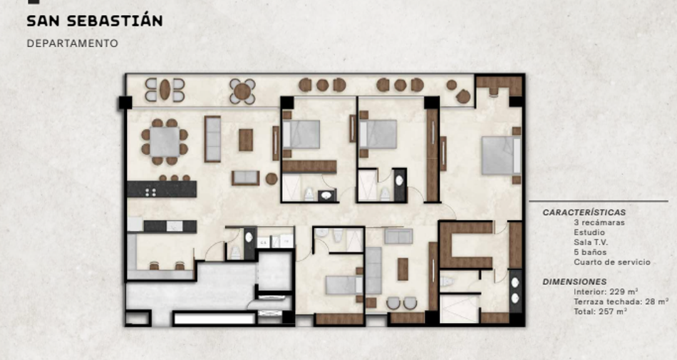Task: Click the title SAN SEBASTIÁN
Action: (x=95, y=21)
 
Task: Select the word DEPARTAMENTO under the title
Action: (x=72, y=43)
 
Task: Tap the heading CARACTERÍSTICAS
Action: (x=584, y=212)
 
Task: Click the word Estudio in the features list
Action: (x=589, y=232)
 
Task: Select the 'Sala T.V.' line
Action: (x=591, y=242)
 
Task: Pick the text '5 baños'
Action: (x=590, y=252)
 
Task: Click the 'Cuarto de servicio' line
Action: (x=612, y=262)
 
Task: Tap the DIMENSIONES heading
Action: (x=574, y=282)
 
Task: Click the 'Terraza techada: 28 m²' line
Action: (x=621, y=302)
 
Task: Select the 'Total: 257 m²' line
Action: (x=601, y=312)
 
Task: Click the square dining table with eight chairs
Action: (x=165, y=142)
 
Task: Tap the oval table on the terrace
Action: (x=165, y=90)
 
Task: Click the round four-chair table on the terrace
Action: (x=242, y=91)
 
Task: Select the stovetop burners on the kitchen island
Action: (x=150, y=192)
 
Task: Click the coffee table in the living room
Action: (x=246, y=140)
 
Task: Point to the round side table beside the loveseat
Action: (x=272, y=179)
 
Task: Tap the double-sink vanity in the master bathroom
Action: (x=515, y=291)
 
